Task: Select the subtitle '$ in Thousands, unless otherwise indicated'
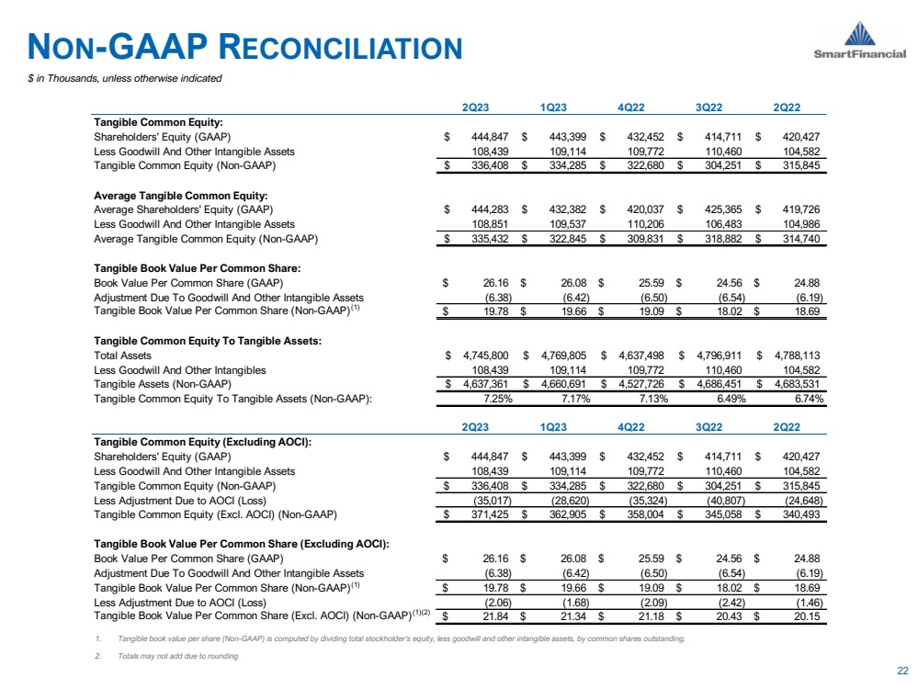(124, 78)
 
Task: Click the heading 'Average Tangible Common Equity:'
(180, 195)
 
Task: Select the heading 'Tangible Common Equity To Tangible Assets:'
(208, 340)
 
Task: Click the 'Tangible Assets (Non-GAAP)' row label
(163, 383)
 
